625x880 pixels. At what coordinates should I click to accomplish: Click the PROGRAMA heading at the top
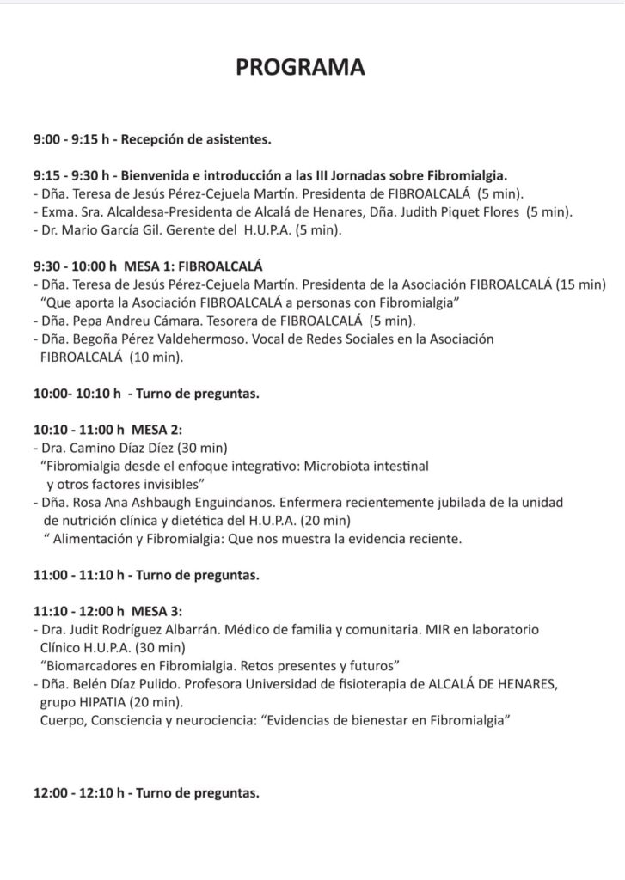click(x=300, y=68)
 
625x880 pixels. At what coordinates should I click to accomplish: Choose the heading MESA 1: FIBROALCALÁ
click(x=194, y=266)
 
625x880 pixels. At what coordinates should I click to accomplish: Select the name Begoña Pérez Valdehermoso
click(x=145, y=339)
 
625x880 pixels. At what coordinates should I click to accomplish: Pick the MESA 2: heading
click(x=156, y=429)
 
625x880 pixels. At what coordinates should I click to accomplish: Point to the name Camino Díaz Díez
click(x=117, y=449)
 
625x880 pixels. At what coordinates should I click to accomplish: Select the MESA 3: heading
click(x=156, y=611)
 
